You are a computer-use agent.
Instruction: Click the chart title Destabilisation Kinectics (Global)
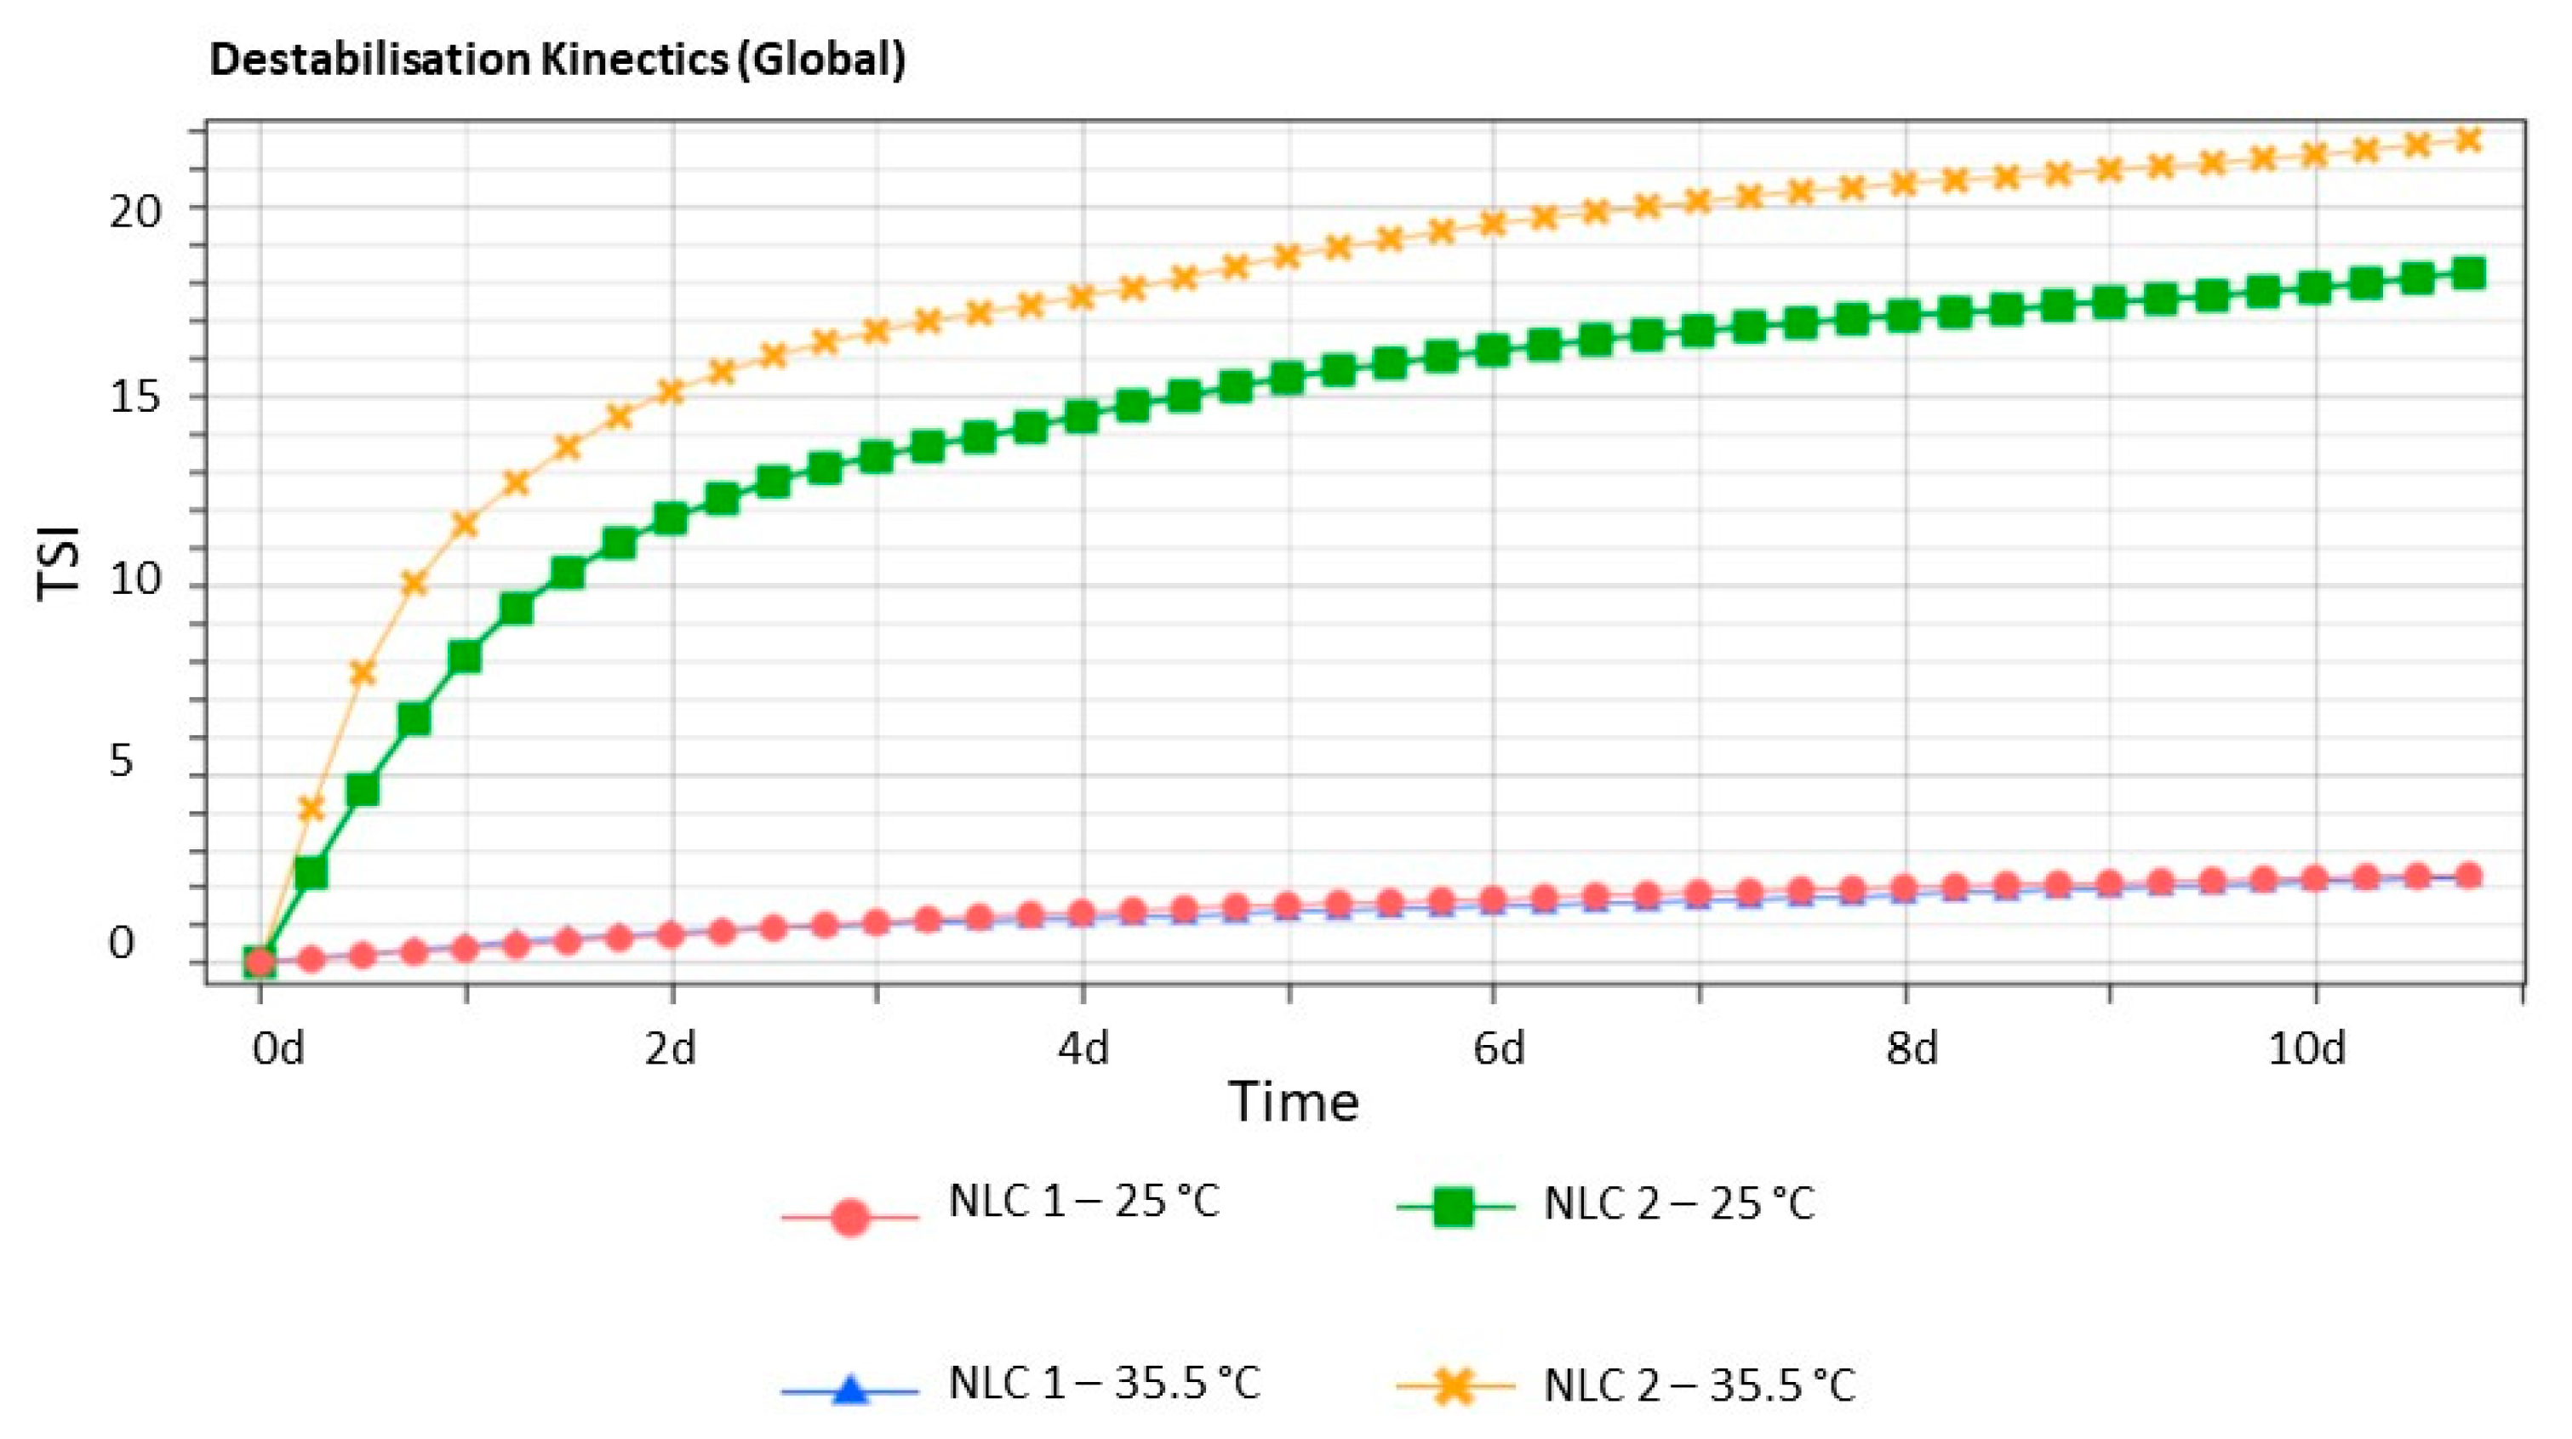[x=557, y=60]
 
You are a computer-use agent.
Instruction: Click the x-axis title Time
[x=1293, y=1103]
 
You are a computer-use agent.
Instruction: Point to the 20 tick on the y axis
[x=134, y=211]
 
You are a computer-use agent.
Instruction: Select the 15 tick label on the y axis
[x=134, y=397]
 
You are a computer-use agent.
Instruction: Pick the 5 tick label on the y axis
[x=121, y=762]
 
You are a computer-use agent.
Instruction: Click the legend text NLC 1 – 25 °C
[x=1083, y=1202]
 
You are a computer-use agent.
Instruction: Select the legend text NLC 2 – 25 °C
[x=1678, y=1204]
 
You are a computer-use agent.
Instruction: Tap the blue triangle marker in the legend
[x=849, y=1390]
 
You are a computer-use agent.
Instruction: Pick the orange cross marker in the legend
[x=1454, y=1387]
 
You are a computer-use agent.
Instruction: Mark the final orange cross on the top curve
[x=2468, y=139]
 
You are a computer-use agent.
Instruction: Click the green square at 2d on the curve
[x=670, y=518]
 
